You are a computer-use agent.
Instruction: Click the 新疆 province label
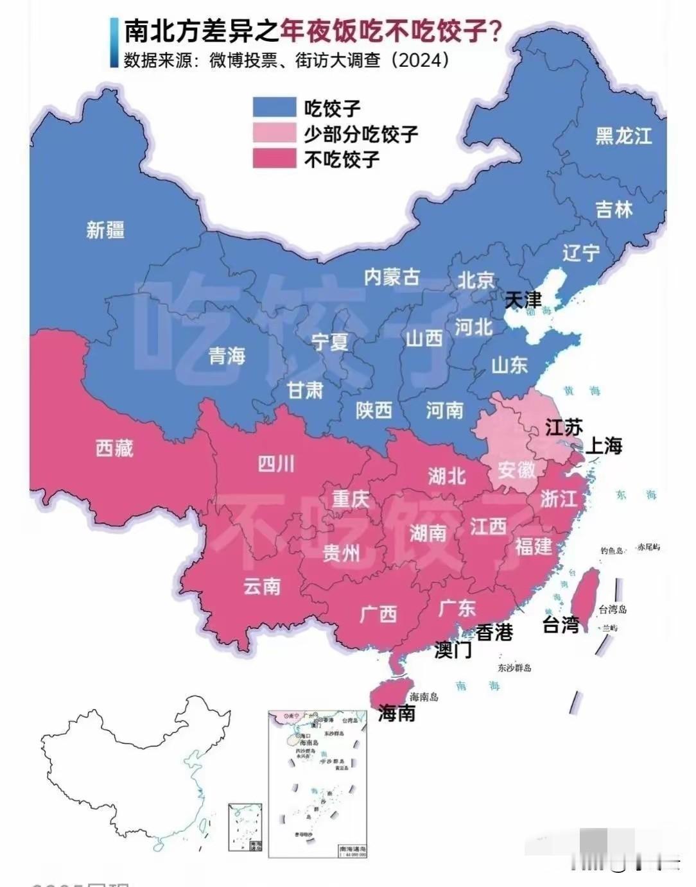(x=105, y=230)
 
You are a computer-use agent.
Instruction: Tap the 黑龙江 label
(x=623, y=136)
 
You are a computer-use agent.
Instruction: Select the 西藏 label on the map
(x=114, y=448)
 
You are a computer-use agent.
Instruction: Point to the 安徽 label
(x=516, y=470)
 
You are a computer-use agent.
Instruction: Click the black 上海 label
(x=603, y=445)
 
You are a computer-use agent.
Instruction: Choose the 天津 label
(x=523, y=300)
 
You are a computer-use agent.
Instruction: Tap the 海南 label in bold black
(x=396, y=713)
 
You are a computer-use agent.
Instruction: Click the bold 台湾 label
(x=561, y=624)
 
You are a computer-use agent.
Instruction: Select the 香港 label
(x=494, y=633)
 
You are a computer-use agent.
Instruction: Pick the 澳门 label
(x=453, y=650)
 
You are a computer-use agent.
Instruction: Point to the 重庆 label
(x=351, y=499)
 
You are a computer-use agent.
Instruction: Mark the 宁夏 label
(x=330, y=341)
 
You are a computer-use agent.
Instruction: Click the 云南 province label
(x=262, y=586)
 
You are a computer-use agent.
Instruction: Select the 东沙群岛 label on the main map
(x=514, y=667)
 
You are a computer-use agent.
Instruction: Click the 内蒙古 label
(x=392, y=277)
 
